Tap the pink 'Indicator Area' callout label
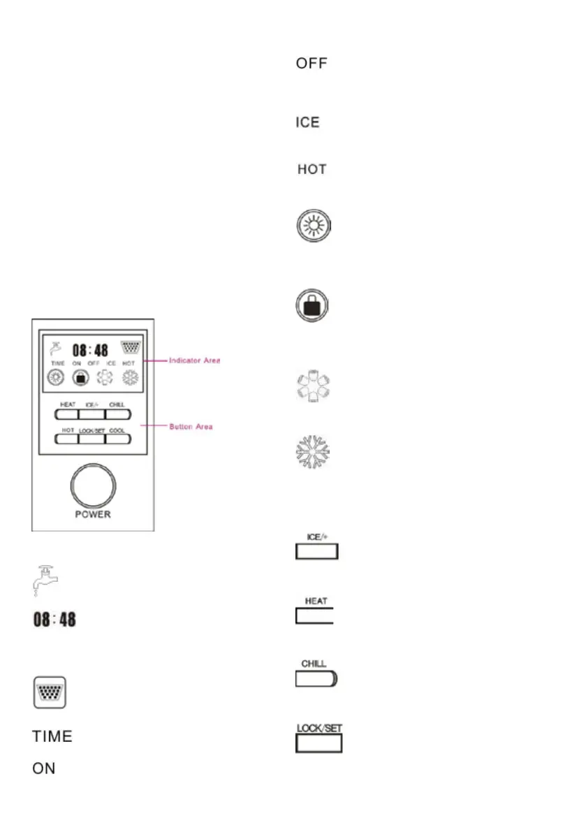pyautogui.click(x=194, y=360)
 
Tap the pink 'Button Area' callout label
pyautogui.click(x=191, y=426)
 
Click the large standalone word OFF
pyautogui.click(x=312, y=64)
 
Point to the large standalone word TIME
pyautogui.click(x=52, y=737)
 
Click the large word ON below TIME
pyautogui.click(x=44, y=768)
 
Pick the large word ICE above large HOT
pyautogui.click(x=307, y=122)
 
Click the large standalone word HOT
pyautogui.click(x=312, y=170)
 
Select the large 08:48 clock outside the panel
pyautogui.click(x=54, y=620)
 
